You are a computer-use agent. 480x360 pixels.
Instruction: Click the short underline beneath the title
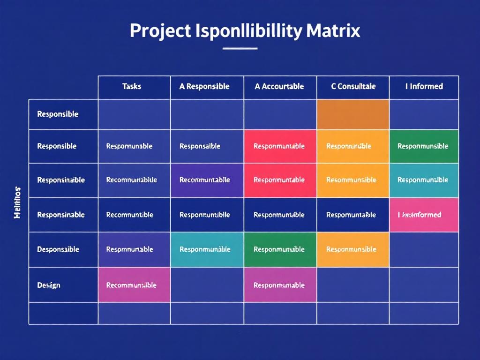point(240,48)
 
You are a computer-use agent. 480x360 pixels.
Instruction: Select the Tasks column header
point(132,87)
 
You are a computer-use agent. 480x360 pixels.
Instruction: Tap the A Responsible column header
point(204,87)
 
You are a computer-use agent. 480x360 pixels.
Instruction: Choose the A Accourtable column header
point(279,87)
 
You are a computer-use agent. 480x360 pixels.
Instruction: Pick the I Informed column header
point(424,87)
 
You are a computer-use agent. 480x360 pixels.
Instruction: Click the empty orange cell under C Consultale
point(353,114)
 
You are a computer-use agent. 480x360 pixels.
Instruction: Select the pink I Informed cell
point(424,215)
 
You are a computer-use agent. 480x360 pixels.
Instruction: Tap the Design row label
point(49,285)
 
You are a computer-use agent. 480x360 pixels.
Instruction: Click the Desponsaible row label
point(58,249)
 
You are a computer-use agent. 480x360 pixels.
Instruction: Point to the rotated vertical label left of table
point(17,202)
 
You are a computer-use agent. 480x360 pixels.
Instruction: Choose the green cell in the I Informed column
point(424,146)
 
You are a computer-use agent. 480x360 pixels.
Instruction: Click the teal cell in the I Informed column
point(424,180)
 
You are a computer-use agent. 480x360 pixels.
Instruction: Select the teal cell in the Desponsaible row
point(206,249)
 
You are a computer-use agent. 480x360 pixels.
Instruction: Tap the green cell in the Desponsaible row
point(280,249)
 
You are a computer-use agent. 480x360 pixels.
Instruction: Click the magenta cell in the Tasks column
point(133,285)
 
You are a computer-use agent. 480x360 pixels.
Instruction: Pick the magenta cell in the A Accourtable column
point(280,285)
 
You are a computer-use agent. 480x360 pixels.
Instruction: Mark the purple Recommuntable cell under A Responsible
point(206,180)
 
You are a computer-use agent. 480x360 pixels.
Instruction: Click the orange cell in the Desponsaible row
point(353,249)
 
